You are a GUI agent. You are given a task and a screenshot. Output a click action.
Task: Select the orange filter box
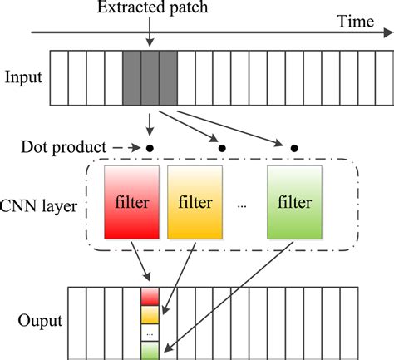coord(195,201)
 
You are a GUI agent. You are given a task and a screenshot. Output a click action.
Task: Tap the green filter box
coord(295,201)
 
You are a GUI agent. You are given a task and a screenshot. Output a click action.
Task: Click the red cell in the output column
coord(150,296)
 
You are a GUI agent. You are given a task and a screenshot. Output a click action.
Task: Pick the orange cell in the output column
coord(150,314)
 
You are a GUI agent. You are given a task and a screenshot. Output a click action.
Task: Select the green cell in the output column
coord(150,350)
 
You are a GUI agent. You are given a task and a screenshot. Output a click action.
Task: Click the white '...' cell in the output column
coord(150,333)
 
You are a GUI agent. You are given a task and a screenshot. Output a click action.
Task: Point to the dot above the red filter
coord(150,148)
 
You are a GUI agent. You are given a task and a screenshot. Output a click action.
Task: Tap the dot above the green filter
coord(294,148)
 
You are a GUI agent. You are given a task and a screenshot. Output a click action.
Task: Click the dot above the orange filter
coord(222,148)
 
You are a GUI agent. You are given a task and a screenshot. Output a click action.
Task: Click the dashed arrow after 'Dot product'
coord(123,148)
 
